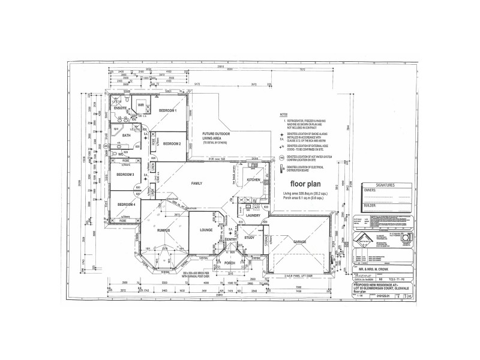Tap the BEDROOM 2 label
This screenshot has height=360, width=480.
(172, 143)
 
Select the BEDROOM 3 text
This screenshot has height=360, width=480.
(125, 174)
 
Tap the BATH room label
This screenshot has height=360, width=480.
(126, 136)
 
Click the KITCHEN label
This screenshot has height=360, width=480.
(253, 179)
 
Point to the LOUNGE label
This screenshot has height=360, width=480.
(206, 230)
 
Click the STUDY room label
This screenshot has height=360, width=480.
(250, 238)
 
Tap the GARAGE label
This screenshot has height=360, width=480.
(300, 242)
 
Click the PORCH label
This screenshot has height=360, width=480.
(229, 263)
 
